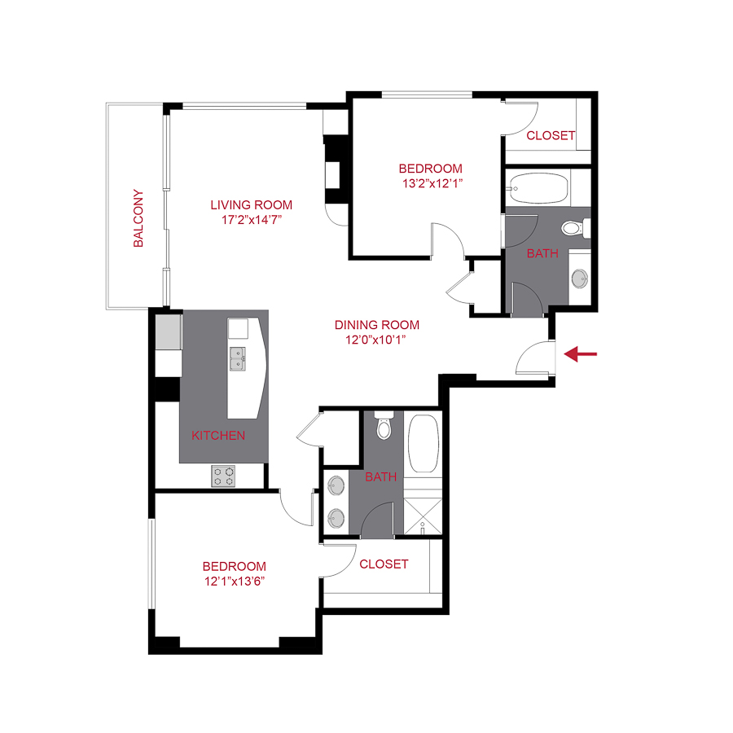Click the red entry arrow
(582, 353)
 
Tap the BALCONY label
(139, 219)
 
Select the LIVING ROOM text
(251, 205)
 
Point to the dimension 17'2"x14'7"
(251, 220)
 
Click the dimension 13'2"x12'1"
(430, 183)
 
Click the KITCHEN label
(218, 436)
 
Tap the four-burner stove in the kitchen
(223, 476)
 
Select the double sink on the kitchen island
(239, 358)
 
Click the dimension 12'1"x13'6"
(235, 581)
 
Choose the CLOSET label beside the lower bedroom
(384, 564)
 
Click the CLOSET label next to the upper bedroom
(551, 135)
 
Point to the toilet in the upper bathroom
(574, 227)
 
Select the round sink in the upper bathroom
(579, 278)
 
